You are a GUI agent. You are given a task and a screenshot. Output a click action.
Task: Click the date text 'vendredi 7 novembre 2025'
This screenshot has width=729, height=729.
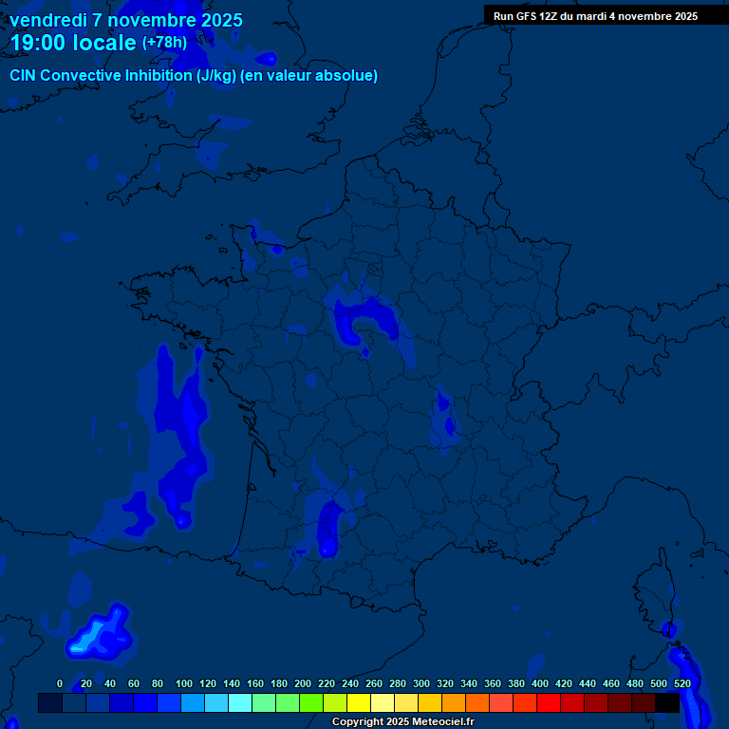[126, 20]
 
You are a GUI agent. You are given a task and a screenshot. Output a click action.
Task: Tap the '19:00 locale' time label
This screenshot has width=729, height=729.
[72, 43]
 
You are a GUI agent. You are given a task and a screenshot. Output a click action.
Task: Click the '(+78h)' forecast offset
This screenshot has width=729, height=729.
[164, 43]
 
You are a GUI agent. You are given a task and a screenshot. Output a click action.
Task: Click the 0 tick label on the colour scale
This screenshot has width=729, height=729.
[60, 683]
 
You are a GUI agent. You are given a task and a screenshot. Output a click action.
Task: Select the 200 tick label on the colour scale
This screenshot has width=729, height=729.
[302, 683]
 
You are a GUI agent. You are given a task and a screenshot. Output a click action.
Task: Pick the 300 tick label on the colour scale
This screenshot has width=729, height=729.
[421, 683]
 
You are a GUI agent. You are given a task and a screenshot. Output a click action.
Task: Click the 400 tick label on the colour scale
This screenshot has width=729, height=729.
[539, 683]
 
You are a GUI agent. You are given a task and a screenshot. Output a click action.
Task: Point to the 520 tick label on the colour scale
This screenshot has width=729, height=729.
[682, 683]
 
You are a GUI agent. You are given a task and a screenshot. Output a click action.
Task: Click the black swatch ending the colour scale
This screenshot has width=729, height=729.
[667, 702]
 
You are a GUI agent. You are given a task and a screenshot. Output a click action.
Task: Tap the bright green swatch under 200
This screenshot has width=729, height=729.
[311, 702]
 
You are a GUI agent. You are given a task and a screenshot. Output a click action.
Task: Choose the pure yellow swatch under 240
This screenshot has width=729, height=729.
[359, 702]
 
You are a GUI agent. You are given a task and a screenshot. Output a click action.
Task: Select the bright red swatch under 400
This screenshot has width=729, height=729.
[549, 702]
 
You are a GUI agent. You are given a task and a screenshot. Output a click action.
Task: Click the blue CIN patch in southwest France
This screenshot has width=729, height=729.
[329, 528]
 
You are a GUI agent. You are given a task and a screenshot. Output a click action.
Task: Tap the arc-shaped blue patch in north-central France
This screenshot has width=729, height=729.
[365, 318]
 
